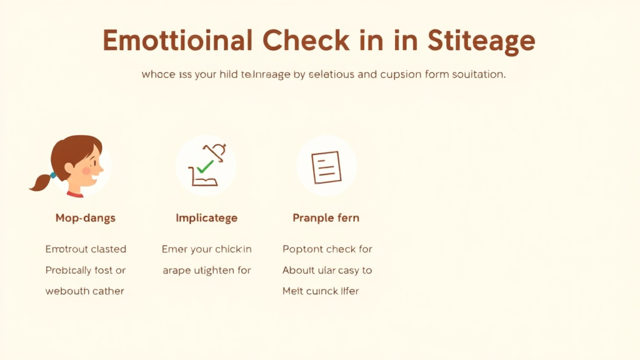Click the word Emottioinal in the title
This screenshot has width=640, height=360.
177,41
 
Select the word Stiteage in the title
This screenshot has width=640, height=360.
482,42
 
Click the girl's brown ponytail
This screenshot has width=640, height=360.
42,181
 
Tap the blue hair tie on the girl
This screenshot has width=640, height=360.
53,174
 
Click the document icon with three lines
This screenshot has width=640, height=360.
326,167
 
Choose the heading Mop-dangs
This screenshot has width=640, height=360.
86,218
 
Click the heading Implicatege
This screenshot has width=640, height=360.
206,218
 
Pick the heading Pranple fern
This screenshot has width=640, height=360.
326,218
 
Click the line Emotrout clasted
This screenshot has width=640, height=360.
86,249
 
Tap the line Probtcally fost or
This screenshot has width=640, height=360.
86,270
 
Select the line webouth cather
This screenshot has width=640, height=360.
85,291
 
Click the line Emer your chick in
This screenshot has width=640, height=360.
206,249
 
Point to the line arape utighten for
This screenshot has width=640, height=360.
206,270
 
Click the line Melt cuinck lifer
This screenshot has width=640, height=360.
321,291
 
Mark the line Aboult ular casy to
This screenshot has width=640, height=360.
327,270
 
